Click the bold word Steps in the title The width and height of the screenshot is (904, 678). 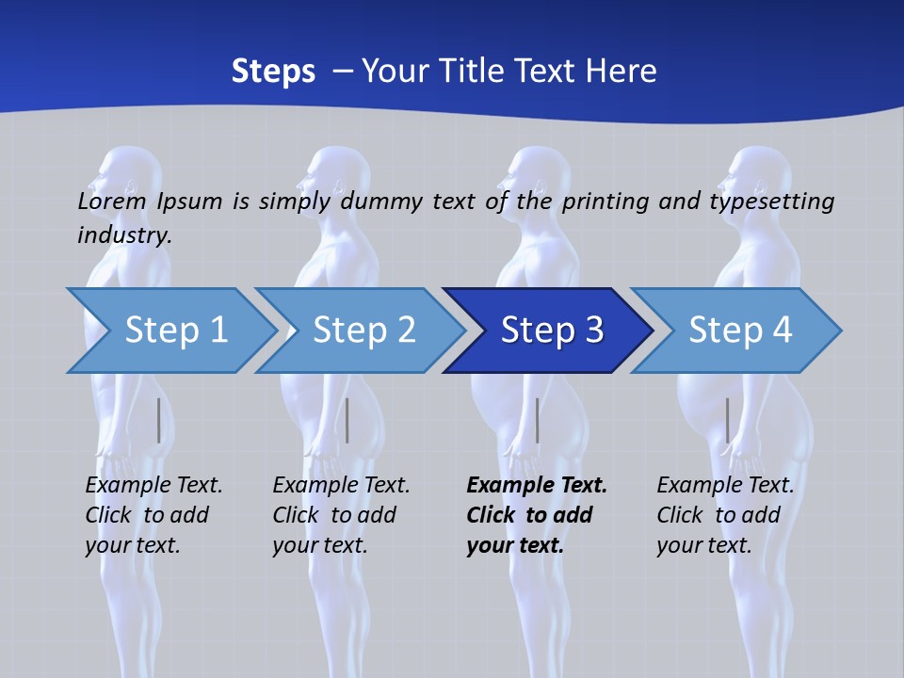point(273,72)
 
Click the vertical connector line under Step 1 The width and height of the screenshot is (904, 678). point(158,420)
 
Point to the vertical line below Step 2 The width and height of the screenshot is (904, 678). point(347,420)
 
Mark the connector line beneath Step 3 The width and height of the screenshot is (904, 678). point(537,420)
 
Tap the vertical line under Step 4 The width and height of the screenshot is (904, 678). point(727,420)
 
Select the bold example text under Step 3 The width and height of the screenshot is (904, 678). point(535,515)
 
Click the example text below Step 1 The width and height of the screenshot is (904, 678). point(153,515)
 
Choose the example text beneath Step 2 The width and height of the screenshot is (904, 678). point(340,515)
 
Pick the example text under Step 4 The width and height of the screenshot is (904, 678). point(724,515)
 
